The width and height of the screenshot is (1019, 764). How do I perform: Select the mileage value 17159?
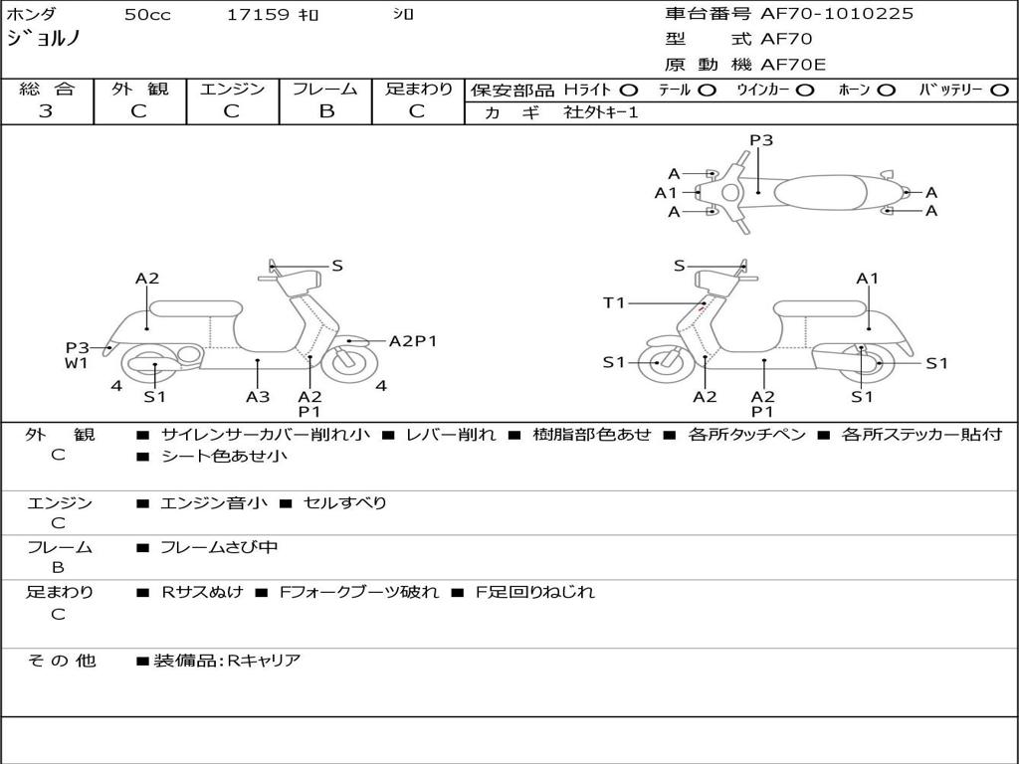pyautogui.click(x=258, y=15)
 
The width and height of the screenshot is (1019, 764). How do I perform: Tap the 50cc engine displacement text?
pyautogui.click(x=146, y=15)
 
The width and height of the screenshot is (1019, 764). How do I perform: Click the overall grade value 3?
pyautogui.click(x=46, y=111)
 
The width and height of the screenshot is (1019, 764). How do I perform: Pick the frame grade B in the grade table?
pyautogui.click(x=325, y=111)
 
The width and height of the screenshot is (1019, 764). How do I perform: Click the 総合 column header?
pyautogui.click(x=46, y=89)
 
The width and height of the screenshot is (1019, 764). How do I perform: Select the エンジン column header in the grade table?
pyautogui.click(x=232, y=89)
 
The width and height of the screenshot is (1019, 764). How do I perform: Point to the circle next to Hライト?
pyautogui.click(x=629, y=90)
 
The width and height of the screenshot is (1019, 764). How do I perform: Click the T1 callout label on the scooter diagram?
pyautogui.click(x=614, y=302)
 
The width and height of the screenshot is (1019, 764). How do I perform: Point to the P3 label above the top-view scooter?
pyautogui.click(x=761, y=140)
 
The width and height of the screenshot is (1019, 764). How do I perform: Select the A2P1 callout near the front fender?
pyautogui.click(x=413, y=341)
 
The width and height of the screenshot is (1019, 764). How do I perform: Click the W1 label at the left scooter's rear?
pyautogui.click(x=78, y=363)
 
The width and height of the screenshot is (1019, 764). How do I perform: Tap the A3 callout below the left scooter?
pyautogui.click(x=258, y=396)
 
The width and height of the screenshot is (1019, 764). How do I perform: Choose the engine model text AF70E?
pyautogui.click(x=793, y=65)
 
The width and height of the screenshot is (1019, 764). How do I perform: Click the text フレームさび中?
pyautogui.click(x=219, y=547)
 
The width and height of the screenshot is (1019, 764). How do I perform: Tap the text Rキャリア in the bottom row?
pyautogui.click(x=264, y=660)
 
